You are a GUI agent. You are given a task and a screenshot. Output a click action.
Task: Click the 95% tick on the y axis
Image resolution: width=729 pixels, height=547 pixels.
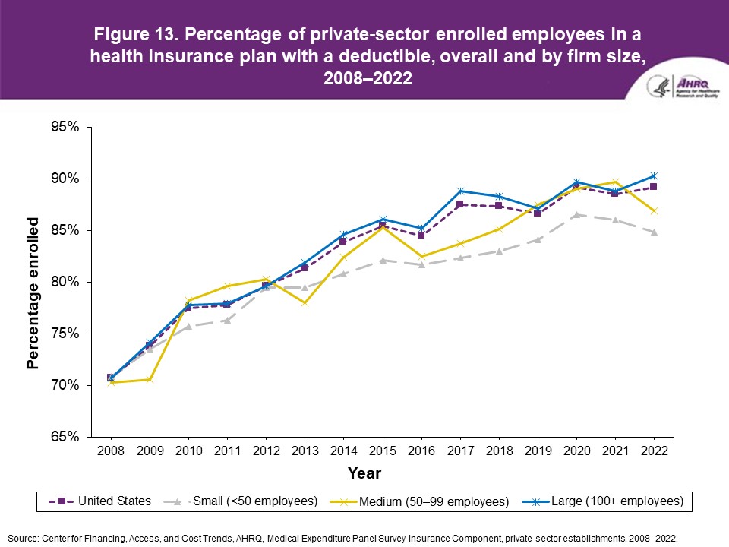tap(65, 127)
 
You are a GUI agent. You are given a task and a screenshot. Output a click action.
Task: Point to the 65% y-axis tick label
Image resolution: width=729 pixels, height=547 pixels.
tap(65, 437)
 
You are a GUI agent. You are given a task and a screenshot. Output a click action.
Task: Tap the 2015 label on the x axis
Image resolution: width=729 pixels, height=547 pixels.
tap(383, 451)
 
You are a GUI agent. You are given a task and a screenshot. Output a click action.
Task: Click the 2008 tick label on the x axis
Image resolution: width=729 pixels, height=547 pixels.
tap(111, 451)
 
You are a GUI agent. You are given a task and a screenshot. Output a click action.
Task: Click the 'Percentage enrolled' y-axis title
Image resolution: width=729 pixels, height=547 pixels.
tap(33, 292)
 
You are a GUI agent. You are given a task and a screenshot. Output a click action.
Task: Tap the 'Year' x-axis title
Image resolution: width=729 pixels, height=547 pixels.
tap(364, 473)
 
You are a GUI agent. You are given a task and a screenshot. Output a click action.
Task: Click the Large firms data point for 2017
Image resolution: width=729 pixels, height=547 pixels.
tap(460, 191)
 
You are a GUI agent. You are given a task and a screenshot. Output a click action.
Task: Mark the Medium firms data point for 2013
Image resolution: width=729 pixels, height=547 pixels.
tap(305, 303)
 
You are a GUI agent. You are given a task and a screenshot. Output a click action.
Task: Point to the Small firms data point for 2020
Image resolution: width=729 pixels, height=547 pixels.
tap(576, 215)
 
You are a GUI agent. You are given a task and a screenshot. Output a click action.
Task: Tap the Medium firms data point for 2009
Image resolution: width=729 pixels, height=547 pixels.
tap(150, 380)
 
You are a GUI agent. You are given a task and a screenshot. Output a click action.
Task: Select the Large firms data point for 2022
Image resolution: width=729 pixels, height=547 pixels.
tap(654, 176)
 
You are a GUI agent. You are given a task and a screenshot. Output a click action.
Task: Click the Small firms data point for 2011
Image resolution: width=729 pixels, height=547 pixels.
tap(227, 320)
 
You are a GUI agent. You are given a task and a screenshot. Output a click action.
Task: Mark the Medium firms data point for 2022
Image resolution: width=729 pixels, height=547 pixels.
tap(654, 210)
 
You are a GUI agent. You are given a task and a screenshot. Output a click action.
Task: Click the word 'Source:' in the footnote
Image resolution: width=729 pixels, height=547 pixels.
tap(23, 537)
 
